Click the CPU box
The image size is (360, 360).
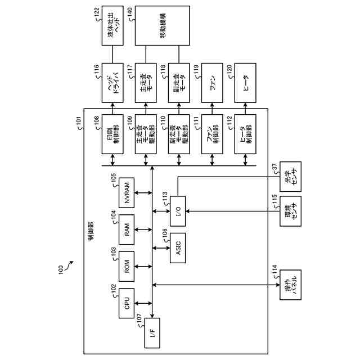[x=127, y=304]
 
